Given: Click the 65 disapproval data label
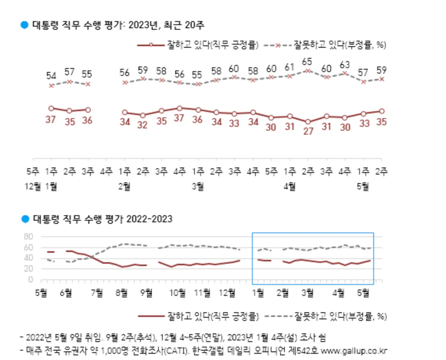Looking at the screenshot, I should (308, 62).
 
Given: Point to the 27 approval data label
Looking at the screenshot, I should (308, 131).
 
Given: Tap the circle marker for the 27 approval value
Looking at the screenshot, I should (308, 122).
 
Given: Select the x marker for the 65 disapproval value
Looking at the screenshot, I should (308, 71).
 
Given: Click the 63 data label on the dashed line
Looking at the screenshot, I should (345, 64).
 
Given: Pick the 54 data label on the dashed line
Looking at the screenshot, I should (51, 75).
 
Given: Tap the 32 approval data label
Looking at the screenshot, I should (143, 125).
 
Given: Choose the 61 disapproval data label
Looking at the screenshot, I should (290, 67).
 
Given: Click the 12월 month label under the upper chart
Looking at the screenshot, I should (33, 187).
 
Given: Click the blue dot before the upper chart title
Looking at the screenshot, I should (25, 25).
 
